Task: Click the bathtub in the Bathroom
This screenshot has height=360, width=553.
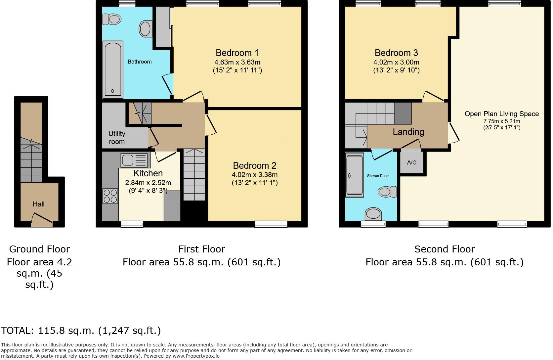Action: pyautogui.click(x=113, y=69)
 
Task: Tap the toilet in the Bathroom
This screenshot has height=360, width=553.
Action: pyautogui.click(x=112, y=19)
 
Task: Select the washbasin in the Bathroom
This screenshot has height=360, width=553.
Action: pyautogui.click(x=146, y=29)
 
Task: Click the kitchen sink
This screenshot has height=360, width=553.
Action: pyautogui.click(x=134, y=160)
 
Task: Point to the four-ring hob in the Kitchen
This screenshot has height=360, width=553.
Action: pyautogui.click(x=110, y=196)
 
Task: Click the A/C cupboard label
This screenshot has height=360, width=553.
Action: pyautogui.click(x=411, y=162)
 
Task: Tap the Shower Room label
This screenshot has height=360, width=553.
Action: pyautogui.click(x=378, y=176)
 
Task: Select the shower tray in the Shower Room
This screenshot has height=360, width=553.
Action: pyautogui.click(x=355, y=175)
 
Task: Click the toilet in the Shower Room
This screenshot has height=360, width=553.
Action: pyautogui.click(x=387, y=192)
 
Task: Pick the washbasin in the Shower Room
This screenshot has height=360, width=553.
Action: pyautogui.click(x=373, y=214)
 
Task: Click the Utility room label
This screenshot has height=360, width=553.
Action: pyautogui.click(x=117, y=138)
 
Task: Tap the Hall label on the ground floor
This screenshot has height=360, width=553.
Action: pyautogui.click(x=38, y=204)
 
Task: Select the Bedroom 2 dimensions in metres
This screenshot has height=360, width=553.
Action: pyautogui.click(x=255, y=175)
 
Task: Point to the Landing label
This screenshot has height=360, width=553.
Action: pyautogui.click(x=408, y=132)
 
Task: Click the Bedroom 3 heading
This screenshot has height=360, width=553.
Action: pyautogui.click(x=396, y=53)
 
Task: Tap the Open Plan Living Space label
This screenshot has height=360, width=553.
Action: pyautogui.click(x=502, y=114)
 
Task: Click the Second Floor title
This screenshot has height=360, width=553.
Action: pyautogui.click(x=445, y=249)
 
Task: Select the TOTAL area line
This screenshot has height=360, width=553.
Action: pyautogui.click(x=81, y=330)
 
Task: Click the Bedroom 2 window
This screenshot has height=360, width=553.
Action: pyautogui.click(x=271, y=224)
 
